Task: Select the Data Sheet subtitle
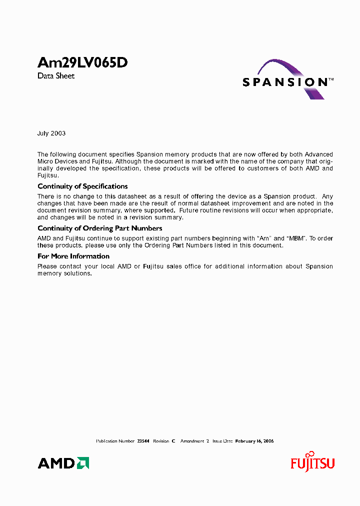56,76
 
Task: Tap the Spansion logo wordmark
284,82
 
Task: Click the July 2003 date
51,133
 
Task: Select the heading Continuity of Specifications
82,186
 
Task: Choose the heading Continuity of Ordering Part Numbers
100,228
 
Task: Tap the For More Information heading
73,256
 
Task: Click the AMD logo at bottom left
63,463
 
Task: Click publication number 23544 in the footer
143,441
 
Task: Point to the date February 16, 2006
254,441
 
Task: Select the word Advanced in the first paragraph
318,154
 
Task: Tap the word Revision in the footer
161,441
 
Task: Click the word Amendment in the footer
192,441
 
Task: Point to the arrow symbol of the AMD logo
83,463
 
